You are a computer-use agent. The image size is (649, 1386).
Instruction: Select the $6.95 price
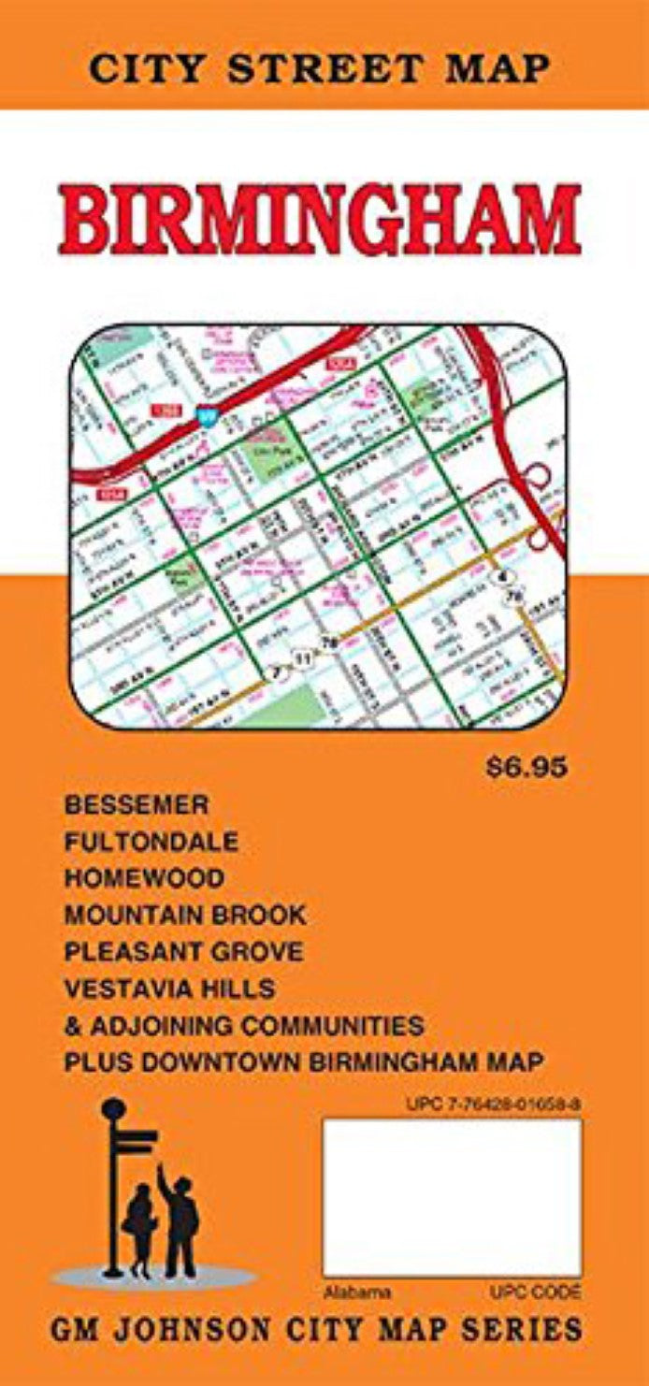pos(526,769)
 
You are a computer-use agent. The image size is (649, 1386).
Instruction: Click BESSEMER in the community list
pos(137,804)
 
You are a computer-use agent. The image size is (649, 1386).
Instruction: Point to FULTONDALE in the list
pos(151,842)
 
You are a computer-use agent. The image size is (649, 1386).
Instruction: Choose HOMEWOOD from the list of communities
pos(144,878)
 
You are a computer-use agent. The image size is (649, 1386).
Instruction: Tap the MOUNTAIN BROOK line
pos(185,915)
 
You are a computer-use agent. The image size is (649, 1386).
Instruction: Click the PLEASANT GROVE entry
pos(183,951)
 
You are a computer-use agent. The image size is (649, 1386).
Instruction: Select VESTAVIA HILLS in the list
pos(168,988)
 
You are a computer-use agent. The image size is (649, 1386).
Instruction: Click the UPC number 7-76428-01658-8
pos(494,1104)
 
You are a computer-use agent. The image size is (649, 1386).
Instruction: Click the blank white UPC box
pos(452,1198)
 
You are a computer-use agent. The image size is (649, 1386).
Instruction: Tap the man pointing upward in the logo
pos(180,1220)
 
